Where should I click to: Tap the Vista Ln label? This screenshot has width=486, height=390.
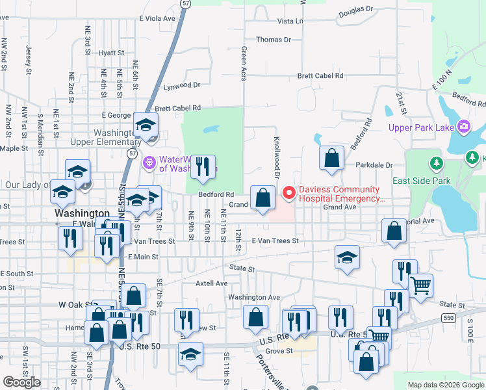290,21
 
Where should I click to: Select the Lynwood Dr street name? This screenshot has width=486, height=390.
182,85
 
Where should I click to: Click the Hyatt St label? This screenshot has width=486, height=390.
111,53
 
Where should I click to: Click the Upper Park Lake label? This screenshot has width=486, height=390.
421,127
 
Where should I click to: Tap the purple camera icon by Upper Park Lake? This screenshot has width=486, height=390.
464,126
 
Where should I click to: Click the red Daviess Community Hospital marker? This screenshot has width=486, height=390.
288,192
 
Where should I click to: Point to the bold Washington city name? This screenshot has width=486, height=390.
83,213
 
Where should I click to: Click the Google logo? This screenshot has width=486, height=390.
22,382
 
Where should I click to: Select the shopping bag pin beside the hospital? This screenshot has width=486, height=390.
262,198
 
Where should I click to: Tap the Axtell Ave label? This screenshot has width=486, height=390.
212,283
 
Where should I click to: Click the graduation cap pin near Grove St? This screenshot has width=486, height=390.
190,354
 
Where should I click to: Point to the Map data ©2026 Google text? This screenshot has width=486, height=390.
445,385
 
